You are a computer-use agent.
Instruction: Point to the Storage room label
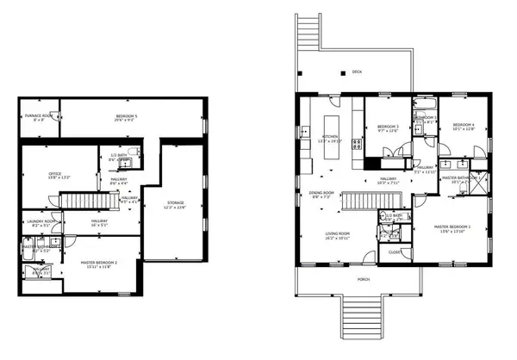175,203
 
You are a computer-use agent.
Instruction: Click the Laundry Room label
41,222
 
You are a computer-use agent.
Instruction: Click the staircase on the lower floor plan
86,202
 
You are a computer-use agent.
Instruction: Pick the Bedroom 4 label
464,126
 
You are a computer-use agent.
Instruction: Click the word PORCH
364,280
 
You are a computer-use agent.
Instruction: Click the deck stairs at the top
308,42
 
